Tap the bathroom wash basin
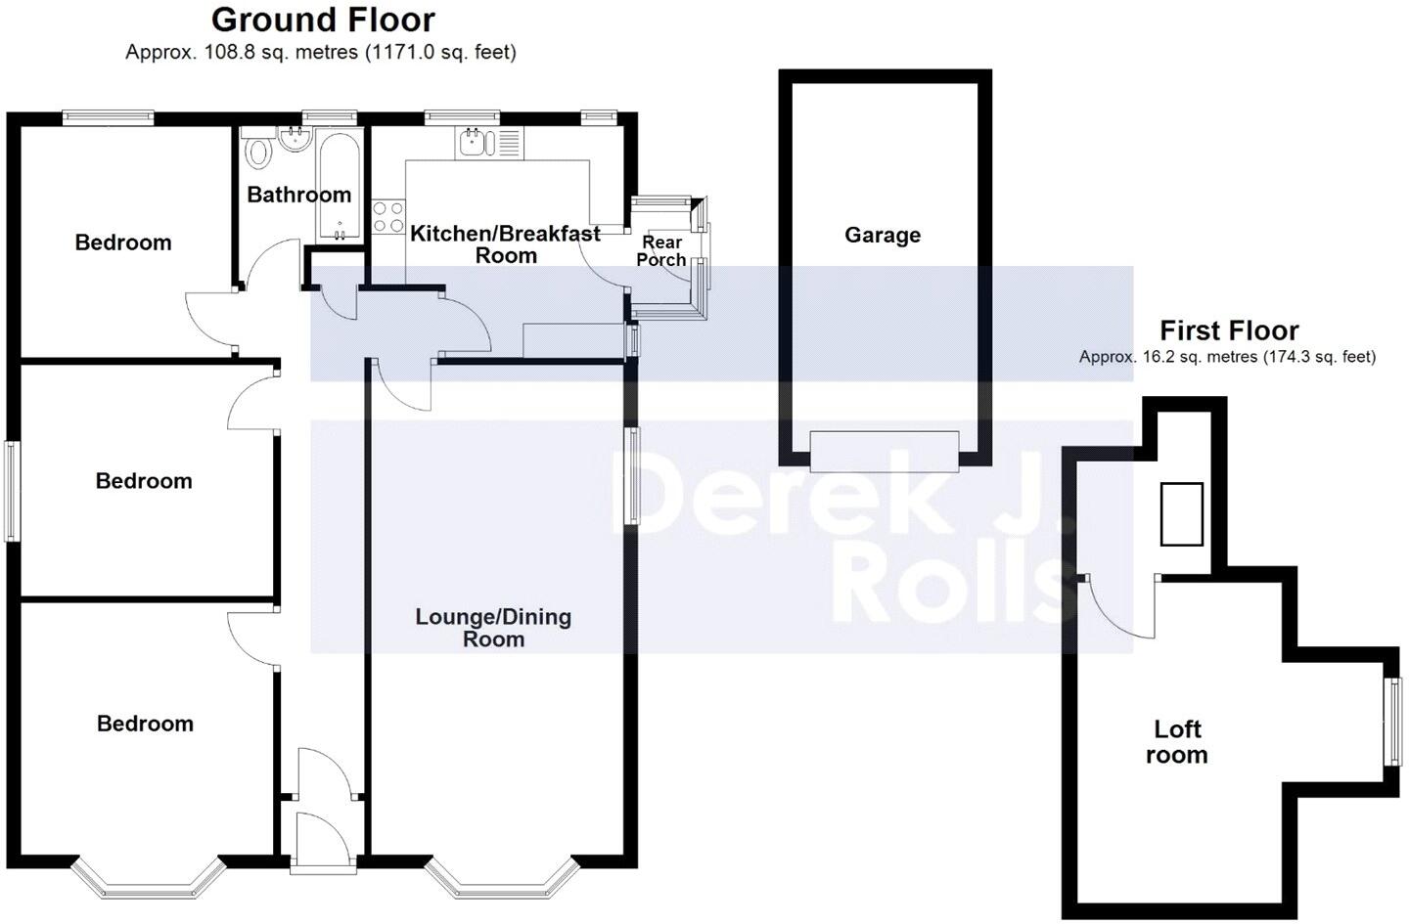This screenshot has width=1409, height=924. (x=295, y=140)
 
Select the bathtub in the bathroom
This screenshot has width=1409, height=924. (x=340, y=186)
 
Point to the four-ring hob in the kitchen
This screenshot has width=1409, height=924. (x=388, y=216)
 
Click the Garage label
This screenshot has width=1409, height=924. (x=883, y=235)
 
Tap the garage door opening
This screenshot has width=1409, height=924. (x=884, y=452)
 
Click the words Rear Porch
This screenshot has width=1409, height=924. (x=661, y=250)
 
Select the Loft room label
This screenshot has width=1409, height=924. (x=1177, y=742)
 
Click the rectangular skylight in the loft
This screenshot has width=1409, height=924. (x=1181, y=513)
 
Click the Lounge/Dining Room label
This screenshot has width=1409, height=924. (x=493, y=628)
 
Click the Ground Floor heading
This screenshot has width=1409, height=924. (x=323, y=21)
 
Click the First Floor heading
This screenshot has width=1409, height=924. (x=1229, y=330)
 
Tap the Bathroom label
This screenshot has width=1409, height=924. (x=298, y=195)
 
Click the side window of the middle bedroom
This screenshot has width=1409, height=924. (x=12, y=491)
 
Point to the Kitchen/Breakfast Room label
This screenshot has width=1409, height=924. (x=505, y=244)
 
